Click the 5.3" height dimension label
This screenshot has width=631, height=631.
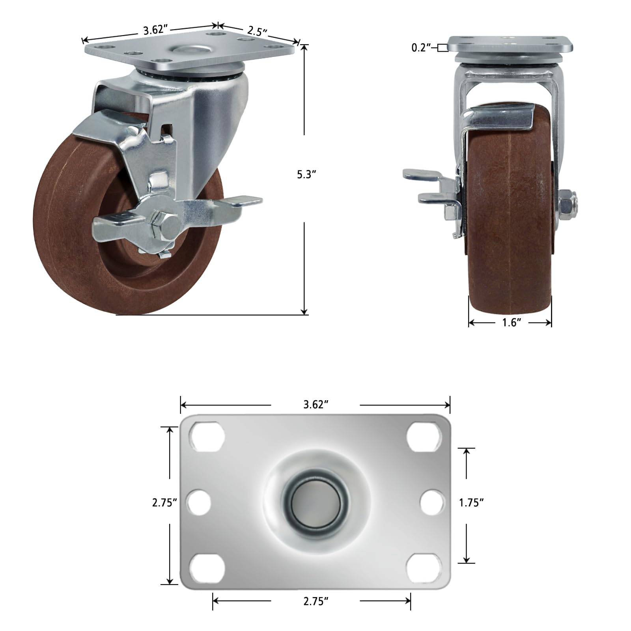[306, 174]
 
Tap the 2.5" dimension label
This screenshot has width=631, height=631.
[258, 31]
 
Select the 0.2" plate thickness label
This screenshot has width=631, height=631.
[420, 48]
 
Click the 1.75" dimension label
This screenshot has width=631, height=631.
[471, 502]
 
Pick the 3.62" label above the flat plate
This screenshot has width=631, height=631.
[315, 405]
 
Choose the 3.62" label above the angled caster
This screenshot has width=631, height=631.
[156, 30]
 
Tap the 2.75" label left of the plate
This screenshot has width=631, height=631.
[164, 502]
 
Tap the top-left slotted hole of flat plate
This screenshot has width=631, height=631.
[207, 437]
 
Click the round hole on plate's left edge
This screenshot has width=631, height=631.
[198, 503]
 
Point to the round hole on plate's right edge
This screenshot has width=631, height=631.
[433, 503]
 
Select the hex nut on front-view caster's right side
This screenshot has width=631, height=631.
[567, 201]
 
